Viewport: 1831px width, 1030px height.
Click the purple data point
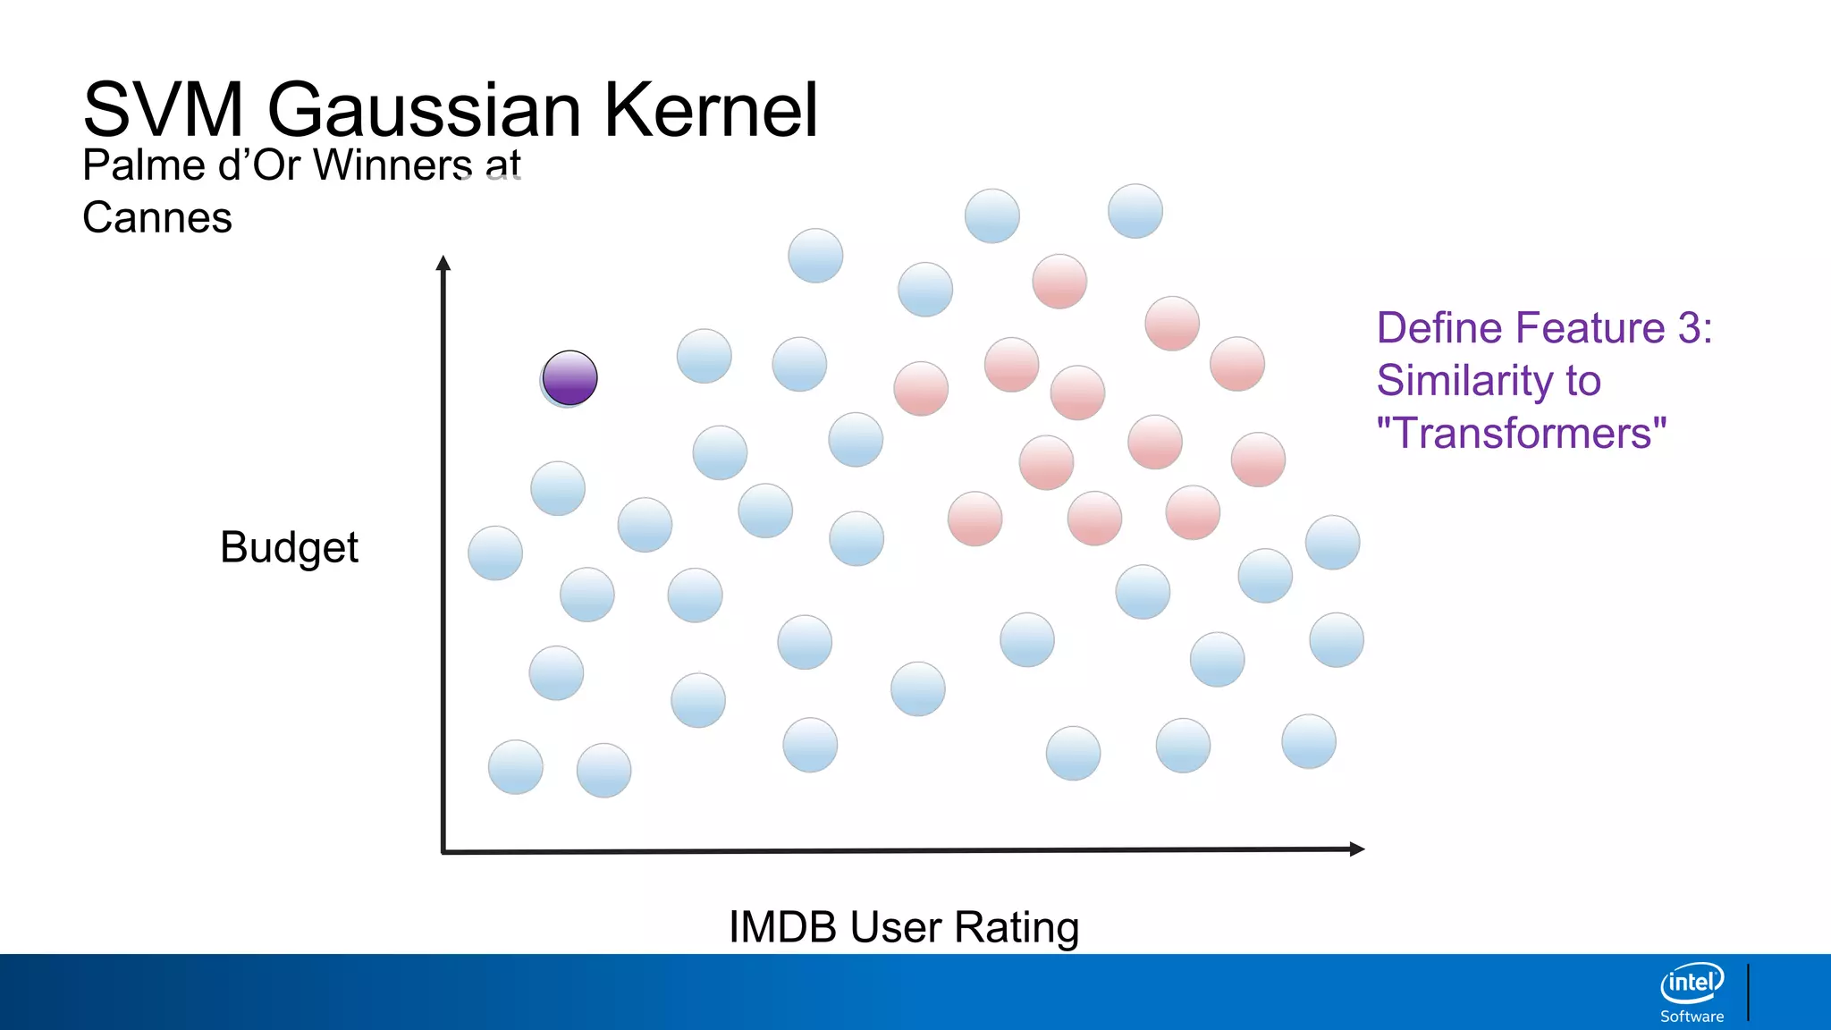click(570, 378)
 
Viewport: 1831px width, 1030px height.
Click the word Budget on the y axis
click(289, 547)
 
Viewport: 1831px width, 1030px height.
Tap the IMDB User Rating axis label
click(904, 927)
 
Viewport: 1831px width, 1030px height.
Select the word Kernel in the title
click(711, 110)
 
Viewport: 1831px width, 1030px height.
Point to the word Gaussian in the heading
click(424, 110)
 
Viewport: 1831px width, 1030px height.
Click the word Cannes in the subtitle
click(157, 217)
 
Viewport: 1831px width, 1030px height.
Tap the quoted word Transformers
click(1522, 434)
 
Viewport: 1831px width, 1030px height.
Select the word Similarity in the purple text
click(1464, 381)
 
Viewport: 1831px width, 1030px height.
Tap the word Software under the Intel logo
click(1692, 1017)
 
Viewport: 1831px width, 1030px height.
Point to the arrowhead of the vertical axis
click(443, 262)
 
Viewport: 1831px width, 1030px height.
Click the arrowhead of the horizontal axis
click(1357, 848)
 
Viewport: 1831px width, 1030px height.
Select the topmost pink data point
click(1059, 281)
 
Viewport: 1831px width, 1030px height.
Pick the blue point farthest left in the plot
click(495, 553)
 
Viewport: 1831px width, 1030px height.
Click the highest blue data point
click(1135, 211)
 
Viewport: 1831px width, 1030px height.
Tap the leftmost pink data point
click(921, 388)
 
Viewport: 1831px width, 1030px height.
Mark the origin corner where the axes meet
click(443, 851)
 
